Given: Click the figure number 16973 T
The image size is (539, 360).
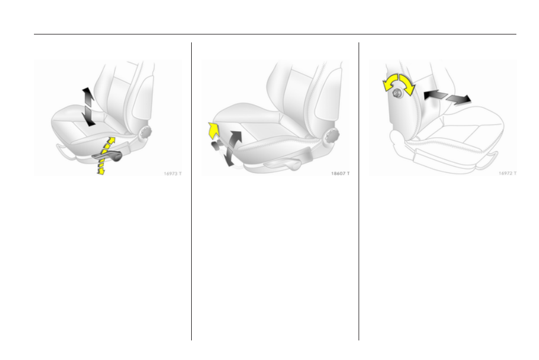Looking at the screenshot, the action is (x=173, y=174).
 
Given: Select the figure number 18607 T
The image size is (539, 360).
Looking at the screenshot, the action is (x=340, y=174).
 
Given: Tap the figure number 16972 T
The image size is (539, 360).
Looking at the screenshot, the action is (x=508, y=174).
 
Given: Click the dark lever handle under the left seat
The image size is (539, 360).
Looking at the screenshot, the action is (x=108, y=155).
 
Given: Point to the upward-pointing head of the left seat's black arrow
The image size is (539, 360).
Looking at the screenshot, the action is (x=87, y=93).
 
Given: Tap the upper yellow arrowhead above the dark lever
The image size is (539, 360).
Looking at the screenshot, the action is (x=111, y=141).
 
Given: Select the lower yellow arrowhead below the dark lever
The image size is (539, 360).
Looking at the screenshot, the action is (x=101, y=170).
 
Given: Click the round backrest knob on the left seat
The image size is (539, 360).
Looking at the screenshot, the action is (x=145, y=133).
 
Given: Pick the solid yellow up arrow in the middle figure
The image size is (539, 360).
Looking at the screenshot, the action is (x=213, y=130).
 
